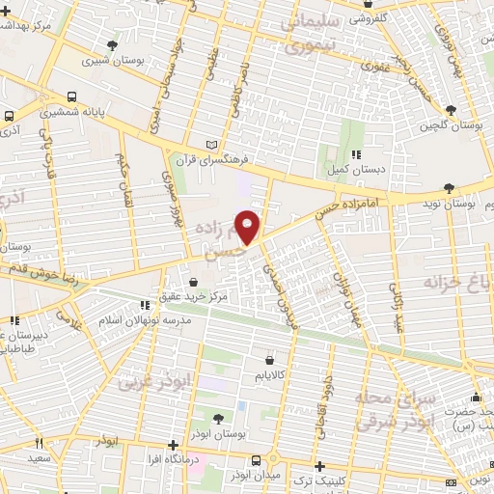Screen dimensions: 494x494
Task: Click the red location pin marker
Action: [x=249, y=228]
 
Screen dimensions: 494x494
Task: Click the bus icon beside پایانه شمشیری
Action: [x=74, y=97]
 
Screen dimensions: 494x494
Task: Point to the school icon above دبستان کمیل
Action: [x=356, y=153]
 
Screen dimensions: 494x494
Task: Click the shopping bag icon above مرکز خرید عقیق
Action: [x=194, y=283]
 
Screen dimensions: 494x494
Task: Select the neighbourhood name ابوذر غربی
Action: [x=156, y=382]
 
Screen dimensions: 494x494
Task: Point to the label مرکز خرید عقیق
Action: [x=196, y=297]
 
